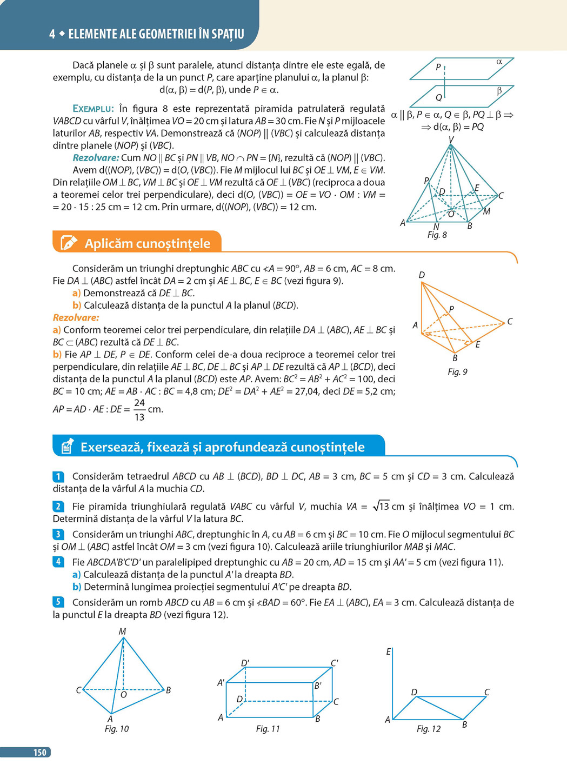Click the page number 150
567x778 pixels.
pyautogui.click(x=39, y=752)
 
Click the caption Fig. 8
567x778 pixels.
pyautogui.click(x=437, y=235)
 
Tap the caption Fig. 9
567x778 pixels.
pyautogui.click(x=457, y=372)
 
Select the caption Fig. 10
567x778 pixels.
pyautogui.click(x=117, y=729)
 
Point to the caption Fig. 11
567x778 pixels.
pyautogui.click(x=268, y=729)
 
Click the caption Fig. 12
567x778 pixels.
pyautogui.click(x=429, y=729)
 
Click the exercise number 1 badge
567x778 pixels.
pyautogui.click(x=58, y=476)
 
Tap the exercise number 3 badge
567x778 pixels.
pyautogui.click(x=58, y=534)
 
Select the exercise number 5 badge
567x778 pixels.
pyautogui.click(x=58, y=602)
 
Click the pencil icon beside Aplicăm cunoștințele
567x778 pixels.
pyautogui.click(x=68, y=243)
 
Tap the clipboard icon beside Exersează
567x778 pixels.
pyautogui.click(x=67, y=447)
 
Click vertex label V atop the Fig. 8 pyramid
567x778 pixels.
pyautogui.click(x=451, y=140)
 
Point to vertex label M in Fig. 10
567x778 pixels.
pyautogui.click(x=122, y=631)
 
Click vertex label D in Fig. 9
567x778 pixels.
pyautogui.click(x=422, y=275)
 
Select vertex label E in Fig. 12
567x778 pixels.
pyautogui.click(x=388, y=652)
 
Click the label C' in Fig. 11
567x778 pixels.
pyautogui.click(x=335, y=663)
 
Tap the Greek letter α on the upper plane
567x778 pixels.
pyautogui.click(x=499, y=62)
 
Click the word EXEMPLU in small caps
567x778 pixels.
pyautogui.click(x=93, y=109)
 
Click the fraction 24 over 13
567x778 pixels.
pyautogui.click(x=139, y=410)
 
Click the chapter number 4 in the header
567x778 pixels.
pyautogui.click(x=52, y=34)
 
